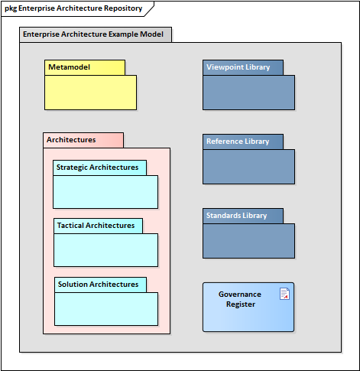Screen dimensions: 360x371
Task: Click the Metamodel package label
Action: (69, 67)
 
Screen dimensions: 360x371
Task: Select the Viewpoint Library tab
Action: (243, 67)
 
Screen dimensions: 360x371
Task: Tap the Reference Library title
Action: (238, 142)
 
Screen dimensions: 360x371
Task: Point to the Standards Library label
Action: (236, 216)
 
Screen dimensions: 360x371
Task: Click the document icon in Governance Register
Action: (284, 294)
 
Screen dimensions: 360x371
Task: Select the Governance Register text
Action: (240, 299)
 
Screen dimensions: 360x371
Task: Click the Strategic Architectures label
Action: (97, 168)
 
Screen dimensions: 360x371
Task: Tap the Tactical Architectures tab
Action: (98, 226)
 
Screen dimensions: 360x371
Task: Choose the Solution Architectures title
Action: (98, 285)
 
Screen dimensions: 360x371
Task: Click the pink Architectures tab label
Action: (71, 140)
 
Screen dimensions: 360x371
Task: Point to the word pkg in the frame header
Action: (11, 8)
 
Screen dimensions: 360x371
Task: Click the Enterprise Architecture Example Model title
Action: (93, 34)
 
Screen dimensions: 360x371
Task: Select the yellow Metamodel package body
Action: (90, 93)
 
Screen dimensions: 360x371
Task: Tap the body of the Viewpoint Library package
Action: (248, 93)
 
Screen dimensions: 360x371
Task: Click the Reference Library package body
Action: (248, 167)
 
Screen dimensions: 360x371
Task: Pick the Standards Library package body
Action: (248, 241)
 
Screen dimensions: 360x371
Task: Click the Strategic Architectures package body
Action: (105, 192)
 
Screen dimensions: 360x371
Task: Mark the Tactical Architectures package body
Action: (105, 250)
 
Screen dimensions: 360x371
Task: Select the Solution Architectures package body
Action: (106, 309)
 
